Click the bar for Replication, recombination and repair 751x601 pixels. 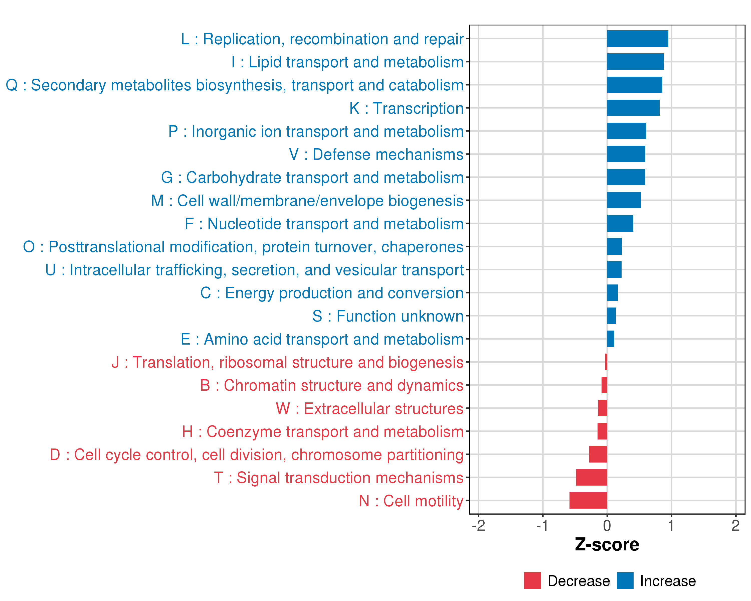[x=637, y=39]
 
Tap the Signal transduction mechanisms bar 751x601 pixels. [x=592, y=477]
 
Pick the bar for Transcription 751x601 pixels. [x=633, y=108]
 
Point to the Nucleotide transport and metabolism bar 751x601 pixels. [x=620, y=223]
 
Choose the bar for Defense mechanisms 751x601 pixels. [x=626, y=154]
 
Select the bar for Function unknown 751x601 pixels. [x=611, y=316]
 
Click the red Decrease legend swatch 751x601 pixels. [x=532, y=580]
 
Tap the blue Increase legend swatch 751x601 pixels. [x=625, y=580]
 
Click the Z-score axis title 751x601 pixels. [x=607, y=544]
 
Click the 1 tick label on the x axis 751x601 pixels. [x=671, y=525]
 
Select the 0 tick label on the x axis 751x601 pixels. [x=607, y=525]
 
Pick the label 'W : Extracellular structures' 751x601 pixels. [x=369, y=409]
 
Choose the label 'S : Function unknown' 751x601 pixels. [x=388, y=316]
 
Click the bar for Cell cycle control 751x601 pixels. [x=598, y=454]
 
